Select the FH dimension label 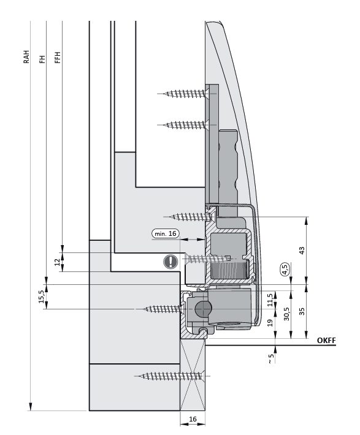(42, 59)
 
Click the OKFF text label (326, 341)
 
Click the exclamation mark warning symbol (169, 262)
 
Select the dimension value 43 (301, 251)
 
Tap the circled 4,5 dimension (284, 268)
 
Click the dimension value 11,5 (270, 299)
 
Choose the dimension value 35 (301, 311)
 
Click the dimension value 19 (270, 323)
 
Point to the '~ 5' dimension (270, 360)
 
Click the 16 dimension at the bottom (193, 420)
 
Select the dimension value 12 (57, 262)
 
